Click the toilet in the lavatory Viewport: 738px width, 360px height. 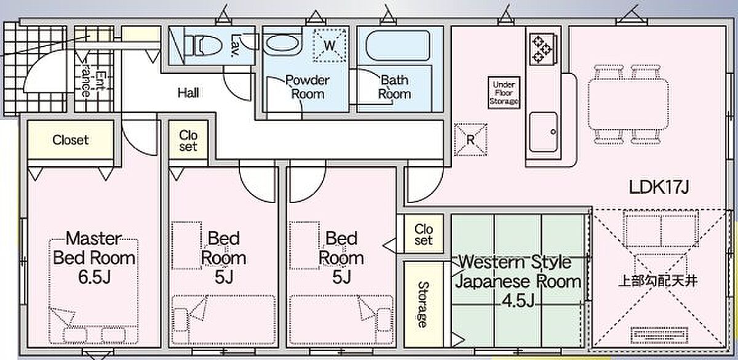tap(204, 46)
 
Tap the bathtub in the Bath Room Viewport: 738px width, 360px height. tap(398, 46)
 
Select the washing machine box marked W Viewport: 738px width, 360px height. tap(330, 46)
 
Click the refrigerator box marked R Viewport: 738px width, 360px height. tap(470, 140)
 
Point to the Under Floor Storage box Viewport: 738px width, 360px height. tap(504, 93)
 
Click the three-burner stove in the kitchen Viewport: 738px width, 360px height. tap(542, 49)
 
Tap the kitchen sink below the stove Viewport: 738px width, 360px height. tap(544, 132)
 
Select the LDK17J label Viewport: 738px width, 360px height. tap(659, 187)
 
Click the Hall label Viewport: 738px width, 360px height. tap(188, 93)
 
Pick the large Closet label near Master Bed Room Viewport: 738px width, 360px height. tap(71, 140)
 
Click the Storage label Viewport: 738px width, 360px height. tap(423, 304)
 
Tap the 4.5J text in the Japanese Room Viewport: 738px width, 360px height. tap(518, 301)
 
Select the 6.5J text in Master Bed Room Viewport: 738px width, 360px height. tap(94, 276)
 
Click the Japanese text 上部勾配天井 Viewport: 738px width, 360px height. tap(658, 281)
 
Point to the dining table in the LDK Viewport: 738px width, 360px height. tap(629, 104)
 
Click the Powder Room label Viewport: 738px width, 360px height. tap(307, 87)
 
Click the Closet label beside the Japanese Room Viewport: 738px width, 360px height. tap(423, 234)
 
